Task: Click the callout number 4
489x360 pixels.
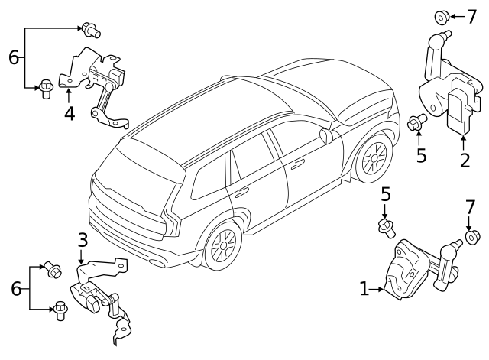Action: pyautogui.click(x=69, y=114)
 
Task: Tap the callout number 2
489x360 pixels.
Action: pyautogui.click(x=464, y=161)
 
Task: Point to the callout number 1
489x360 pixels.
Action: pyautogui.click(x=364, y=289)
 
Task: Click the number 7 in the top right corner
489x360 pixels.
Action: pyautogui.click(x=470, y=15)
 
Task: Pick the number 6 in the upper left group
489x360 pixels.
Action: pyautogui.click(x=13, y=57)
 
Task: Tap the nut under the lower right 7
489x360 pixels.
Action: pyautogui.click(x=471, y=238)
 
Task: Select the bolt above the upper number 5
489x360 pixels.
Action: pyautogui.click(x=417, y=121)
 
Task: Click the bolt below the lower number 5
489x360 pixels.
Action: pyautogui.click(x=386, y=226)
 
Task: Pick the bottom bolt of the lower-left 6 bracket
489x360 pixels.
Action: pyautogui.click(x=60, y=310)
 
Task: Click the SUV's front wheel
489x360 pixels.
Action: pyautogui.click(x=374, y=158)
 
